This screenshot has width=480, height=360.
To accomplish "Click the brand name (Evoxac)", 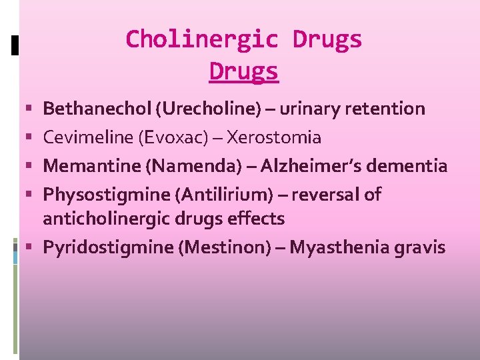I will click(x=175, y=138).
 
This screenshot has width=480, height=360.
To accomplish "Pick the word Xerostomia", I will click(x=274, y=138).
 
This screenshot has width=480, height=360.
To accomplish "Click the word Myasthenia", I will click(x=336, y=247).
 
